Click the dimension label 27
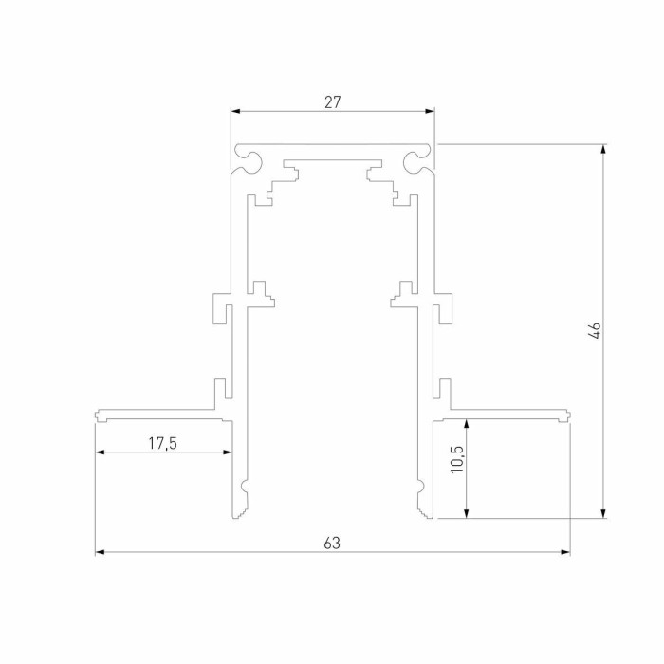coord(332,101)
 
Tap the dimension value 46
coord(594,331)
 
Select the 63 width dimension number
coord(331,544)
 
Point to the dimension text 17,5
coord(163,442)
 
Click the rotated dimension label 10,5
coord(457,459)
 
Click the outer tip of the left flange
coord(97,415)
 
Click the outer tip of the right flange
coord(569,415)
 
